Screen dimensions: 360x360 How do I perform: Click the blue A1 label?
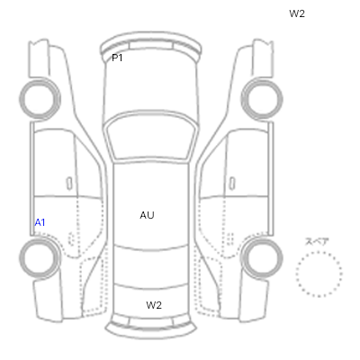(x=40, y=223)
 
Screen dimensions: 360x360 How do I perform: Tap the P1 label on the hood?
(x=117, y=58)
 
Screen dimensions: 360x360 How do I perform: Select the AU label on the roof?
(x=147, y=215)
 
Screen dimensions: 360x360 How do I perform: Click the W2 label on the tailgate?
(x=154, y=305)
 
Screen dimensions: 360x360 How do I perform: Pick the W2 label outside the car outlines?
(x=297, y=13)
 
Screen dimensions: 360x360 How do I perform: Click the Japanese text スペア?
(x=317, y=242)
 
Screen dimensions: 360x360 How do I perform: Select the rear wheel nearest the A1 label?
(x=40, y=257)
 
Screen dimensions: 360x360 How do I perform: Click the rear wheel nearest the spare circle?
(x=262, y=257)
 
